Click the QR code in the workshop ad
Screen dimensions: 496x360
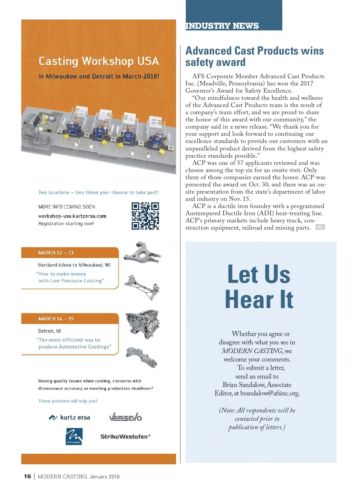145,216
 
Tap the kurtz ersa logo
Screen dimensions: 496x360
70,417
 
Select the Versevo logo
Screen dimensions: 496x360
125,417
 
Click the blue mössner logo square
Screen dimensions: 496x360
74,436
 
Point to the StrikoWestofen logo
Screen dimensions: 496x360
125,437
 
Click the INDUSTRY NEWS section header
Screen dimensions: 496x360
222,26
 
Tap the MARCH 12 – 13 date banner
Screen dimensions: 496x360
70,253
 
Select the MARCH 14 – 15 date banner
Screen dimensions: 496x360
70,319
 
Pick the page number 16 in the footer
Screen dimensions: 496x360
27,477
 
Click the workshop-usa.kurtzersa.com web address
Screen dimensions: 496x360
72,216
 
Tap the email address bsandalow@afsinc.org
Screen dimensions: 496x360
270,393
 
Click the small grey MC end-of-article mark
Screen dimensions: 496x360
320,227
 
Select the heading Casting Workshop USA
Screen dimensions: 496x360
99,61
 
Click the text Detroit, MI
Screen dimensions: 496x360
50,331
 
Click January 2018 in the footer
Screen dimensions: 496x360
104,477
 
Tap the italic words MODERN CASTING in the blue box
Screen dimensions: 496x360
252,351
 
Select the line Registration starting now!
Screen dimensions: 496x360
66,224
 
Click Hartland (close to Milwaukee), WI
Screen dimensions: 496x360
74,265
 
